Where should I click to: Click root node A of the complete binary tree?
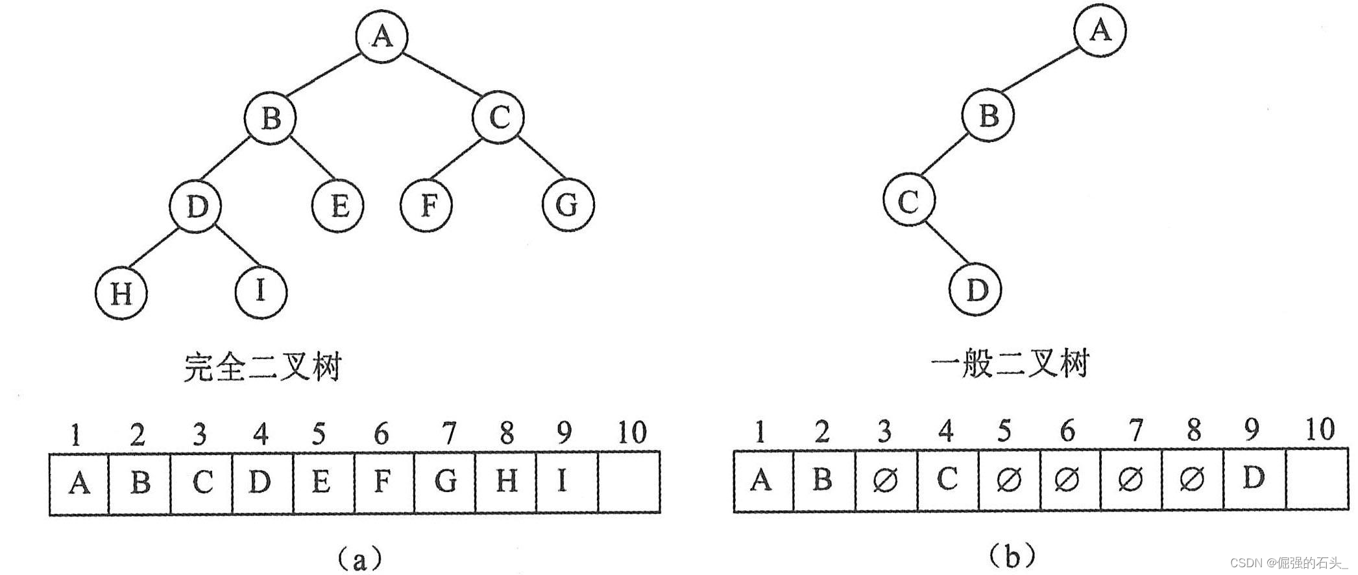[382, 37]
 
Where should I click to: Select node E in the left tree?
[338, 206]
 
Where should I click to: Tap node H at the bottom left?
[121, 294]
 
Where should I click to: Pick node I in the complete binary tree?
[260, 291]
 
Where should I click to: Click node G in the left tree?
[568, 205]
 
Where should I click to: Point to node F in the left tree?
[426, 206]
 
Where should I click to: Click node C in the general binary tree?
[909, 202]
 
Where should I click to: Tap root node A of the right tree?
[1100, 30]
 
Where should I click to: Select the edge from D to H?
[159, 250]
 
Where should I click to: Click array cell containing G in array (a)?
[445, 482]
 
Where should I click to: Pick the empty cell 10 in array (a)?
[629, 482]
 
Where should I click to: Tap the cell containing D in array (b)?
[1254, 480]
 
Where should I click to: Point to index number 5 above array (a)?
[319, 434]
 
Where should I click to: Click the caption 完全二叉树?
[262, 368]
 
